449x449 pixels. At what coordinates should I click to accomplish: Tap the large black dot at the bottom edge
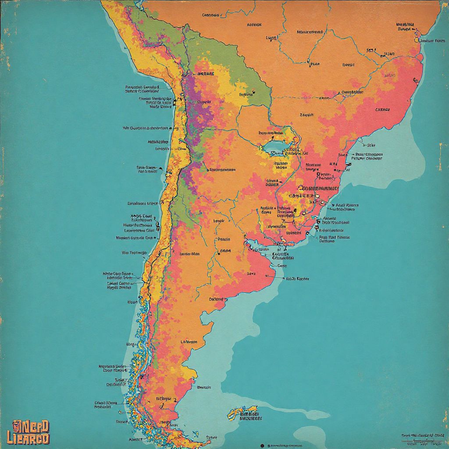click(x=262, y=445)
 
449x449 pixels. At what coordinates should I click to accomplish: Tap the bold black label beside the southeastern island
click(x=250, y=416)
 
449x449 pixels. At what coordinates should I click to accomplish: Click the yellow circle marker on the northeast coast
click(x=417, y=40)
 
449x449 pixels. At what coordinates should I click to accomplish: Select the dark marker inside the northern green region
click(x=253, y=93)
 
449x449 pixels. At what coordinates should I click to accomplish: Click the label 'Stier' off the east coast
click(x=371, y=145)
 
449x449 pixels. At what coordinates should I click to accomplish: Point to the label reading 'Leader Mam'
click(x=189, y=253)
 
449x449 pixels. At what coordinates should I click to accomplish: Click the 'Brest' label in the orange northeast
click(x=348, y=64)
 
